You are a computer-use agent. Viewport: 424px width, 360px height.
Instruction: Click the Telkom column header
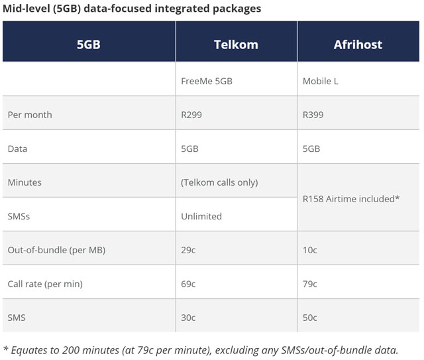236,45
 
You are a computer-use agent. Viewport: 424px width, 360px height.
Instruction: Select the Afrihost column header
358,45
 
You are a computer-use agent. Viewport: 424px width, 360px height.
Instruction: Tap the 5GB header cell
89,45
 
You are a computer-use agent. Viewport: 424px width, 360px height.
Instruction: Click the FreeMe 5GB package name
207,82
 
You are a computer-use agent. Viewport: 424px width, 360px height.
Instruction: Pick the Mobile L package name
321,82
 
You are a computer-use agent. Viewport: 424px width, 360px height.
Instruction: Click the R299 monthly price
191,115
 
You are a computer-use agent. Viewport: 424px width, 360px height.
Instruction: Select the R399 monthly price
313,115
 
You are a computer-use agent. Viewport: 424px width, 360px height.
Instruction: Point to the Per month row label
30,115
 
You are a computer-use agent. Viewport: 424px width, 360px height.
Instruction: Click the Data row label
17,149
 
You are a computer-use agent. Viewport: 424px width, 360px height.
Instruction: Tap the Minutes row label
25,182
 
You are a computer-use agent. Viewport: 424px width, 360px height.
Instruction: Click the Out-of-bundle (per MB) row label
56,250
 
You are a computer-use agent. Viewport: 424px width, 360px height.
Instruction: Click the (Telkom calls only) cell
219,182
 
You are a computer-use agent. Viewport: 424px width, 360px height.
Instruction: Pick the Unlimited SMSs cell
201,216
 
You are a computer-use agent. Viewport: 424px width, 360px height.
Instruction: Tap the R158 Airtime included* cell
351,198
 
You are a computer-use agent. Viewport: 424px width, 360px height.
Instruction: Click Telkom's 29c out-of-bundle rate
189,250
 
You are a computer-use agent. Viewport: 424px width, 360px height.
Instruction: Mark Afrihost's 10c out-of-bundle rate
310,250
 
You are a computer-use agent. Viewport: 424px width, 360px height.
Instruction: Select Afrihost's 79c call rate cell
310,284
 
